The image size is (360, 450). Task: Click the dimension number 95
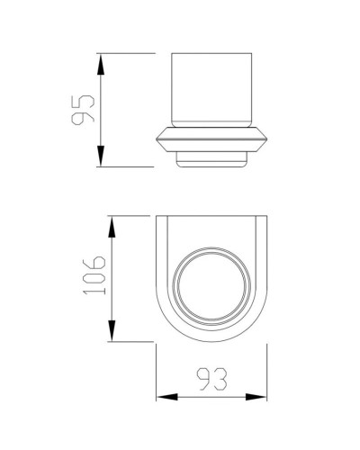click(x=83, y=110)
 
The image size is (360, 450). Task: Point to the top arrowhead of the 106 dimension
click(x=113, y=222)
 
